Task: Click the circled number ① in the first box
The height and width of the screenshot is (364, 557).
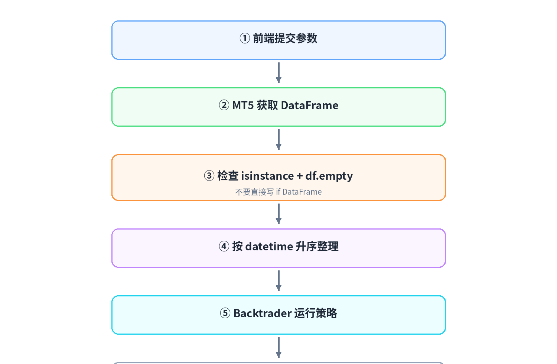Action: coord(245,39)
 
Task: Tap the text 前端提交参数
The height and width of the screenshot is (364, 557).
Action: coord(285,39)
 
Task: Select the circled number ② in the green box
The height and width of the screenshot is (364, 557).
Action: coord(224,105)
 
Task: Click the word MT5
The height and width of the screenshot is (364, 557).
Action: coord(243,105)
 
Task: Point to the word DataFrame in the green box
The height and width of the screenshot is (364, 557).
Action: coord(310,105)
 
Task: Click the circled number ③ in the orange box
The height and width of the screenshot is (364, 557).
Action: coord(209,176)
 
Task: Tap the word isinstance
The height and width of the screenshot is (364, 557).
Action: coord(267,176)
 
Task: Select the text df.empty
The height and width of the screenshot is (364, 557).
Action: coord(329,176)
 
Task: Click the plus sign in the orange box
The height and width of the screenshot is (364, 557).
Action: coord(300,176)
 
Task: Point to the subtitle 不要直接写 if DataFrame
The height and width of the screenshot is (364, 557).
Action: coord(278,192)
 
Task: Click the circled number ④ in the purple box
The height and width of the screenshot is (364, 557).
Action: coord(224,246)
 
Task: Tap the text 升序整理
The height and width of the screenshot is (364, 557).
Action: coord(317,246)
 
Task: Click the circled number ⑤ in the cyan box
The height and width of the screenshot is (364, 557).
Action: coord(225,313)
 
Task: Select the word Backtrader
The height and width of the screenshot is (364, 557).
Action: coord(262,313)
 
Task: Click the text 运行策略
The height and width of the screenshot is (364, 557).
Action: coord(316,313)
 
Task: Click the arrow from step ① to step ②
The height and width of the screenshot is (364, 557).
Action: coord(278,73)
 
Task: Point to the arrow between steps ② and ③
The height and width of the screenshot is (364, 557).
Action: coord(278,139)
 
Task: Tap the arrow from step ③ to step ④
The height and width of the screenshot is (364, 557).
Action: coord(278,214)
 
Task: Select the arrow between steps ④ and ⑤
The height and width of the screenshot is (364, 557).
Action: coord(278,280)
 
